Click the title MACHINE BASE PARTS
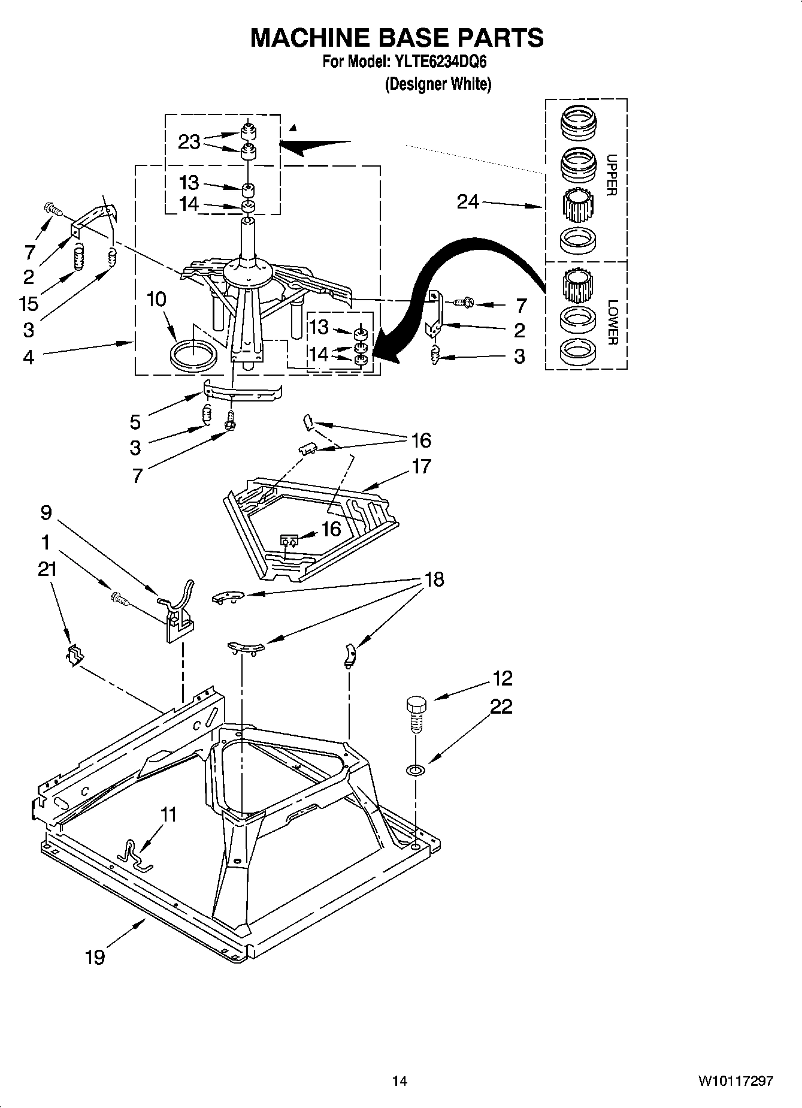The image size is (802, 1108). (x=397, y=37)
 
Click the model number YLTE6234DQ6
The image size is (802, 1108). (x=440, y=62)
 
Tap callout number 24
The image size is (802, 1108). (x=468, y=202)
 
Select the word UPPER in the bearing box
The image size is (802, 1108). (x=612, y=175)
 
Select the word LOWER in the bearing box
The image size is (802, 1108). (x=612, y=322)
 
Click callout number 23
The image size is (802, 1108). (x=189, y=143)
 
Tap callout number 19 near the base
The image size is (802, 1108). (x=95, y=957)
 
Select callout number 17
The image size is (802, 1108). (x=421, y=466)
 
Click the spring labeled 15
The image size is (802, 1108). (x=77, y=259)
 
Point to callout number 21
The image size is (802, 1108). (x=47, y=569)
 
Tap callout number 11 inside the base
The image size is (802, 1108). (x=169, y=815)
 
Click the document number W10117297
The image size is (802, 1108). (x=734, y=1081)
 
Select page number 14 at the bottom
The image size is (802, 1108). (x=400, y=1081)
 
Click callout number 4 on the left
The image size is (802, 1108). (x=28, y=357)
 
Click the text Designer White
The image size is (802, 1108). (x=437, y=84)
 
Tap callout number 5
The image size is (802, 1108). (x=135, y=422)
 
